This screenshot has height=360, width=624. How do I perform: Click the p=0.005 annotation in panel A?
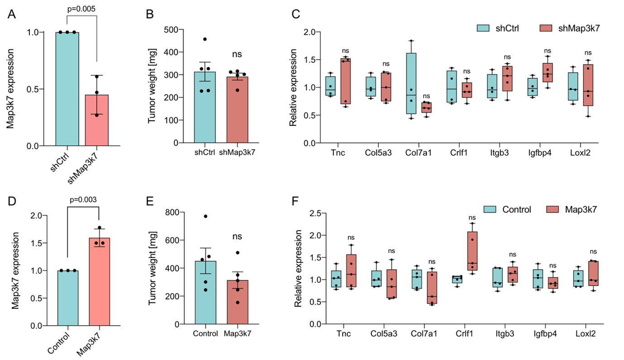pos(81,9)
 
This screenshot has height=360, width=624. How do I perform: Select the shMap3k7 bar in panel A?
pos(97,120)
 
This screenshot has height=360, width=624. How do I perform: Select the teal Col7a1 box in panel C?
pos(411,83)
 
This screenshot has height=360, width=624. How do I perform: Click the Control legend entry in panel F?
pos(507,209)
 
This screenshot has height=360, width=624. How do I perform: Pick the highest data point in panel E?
pos(205,216)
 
